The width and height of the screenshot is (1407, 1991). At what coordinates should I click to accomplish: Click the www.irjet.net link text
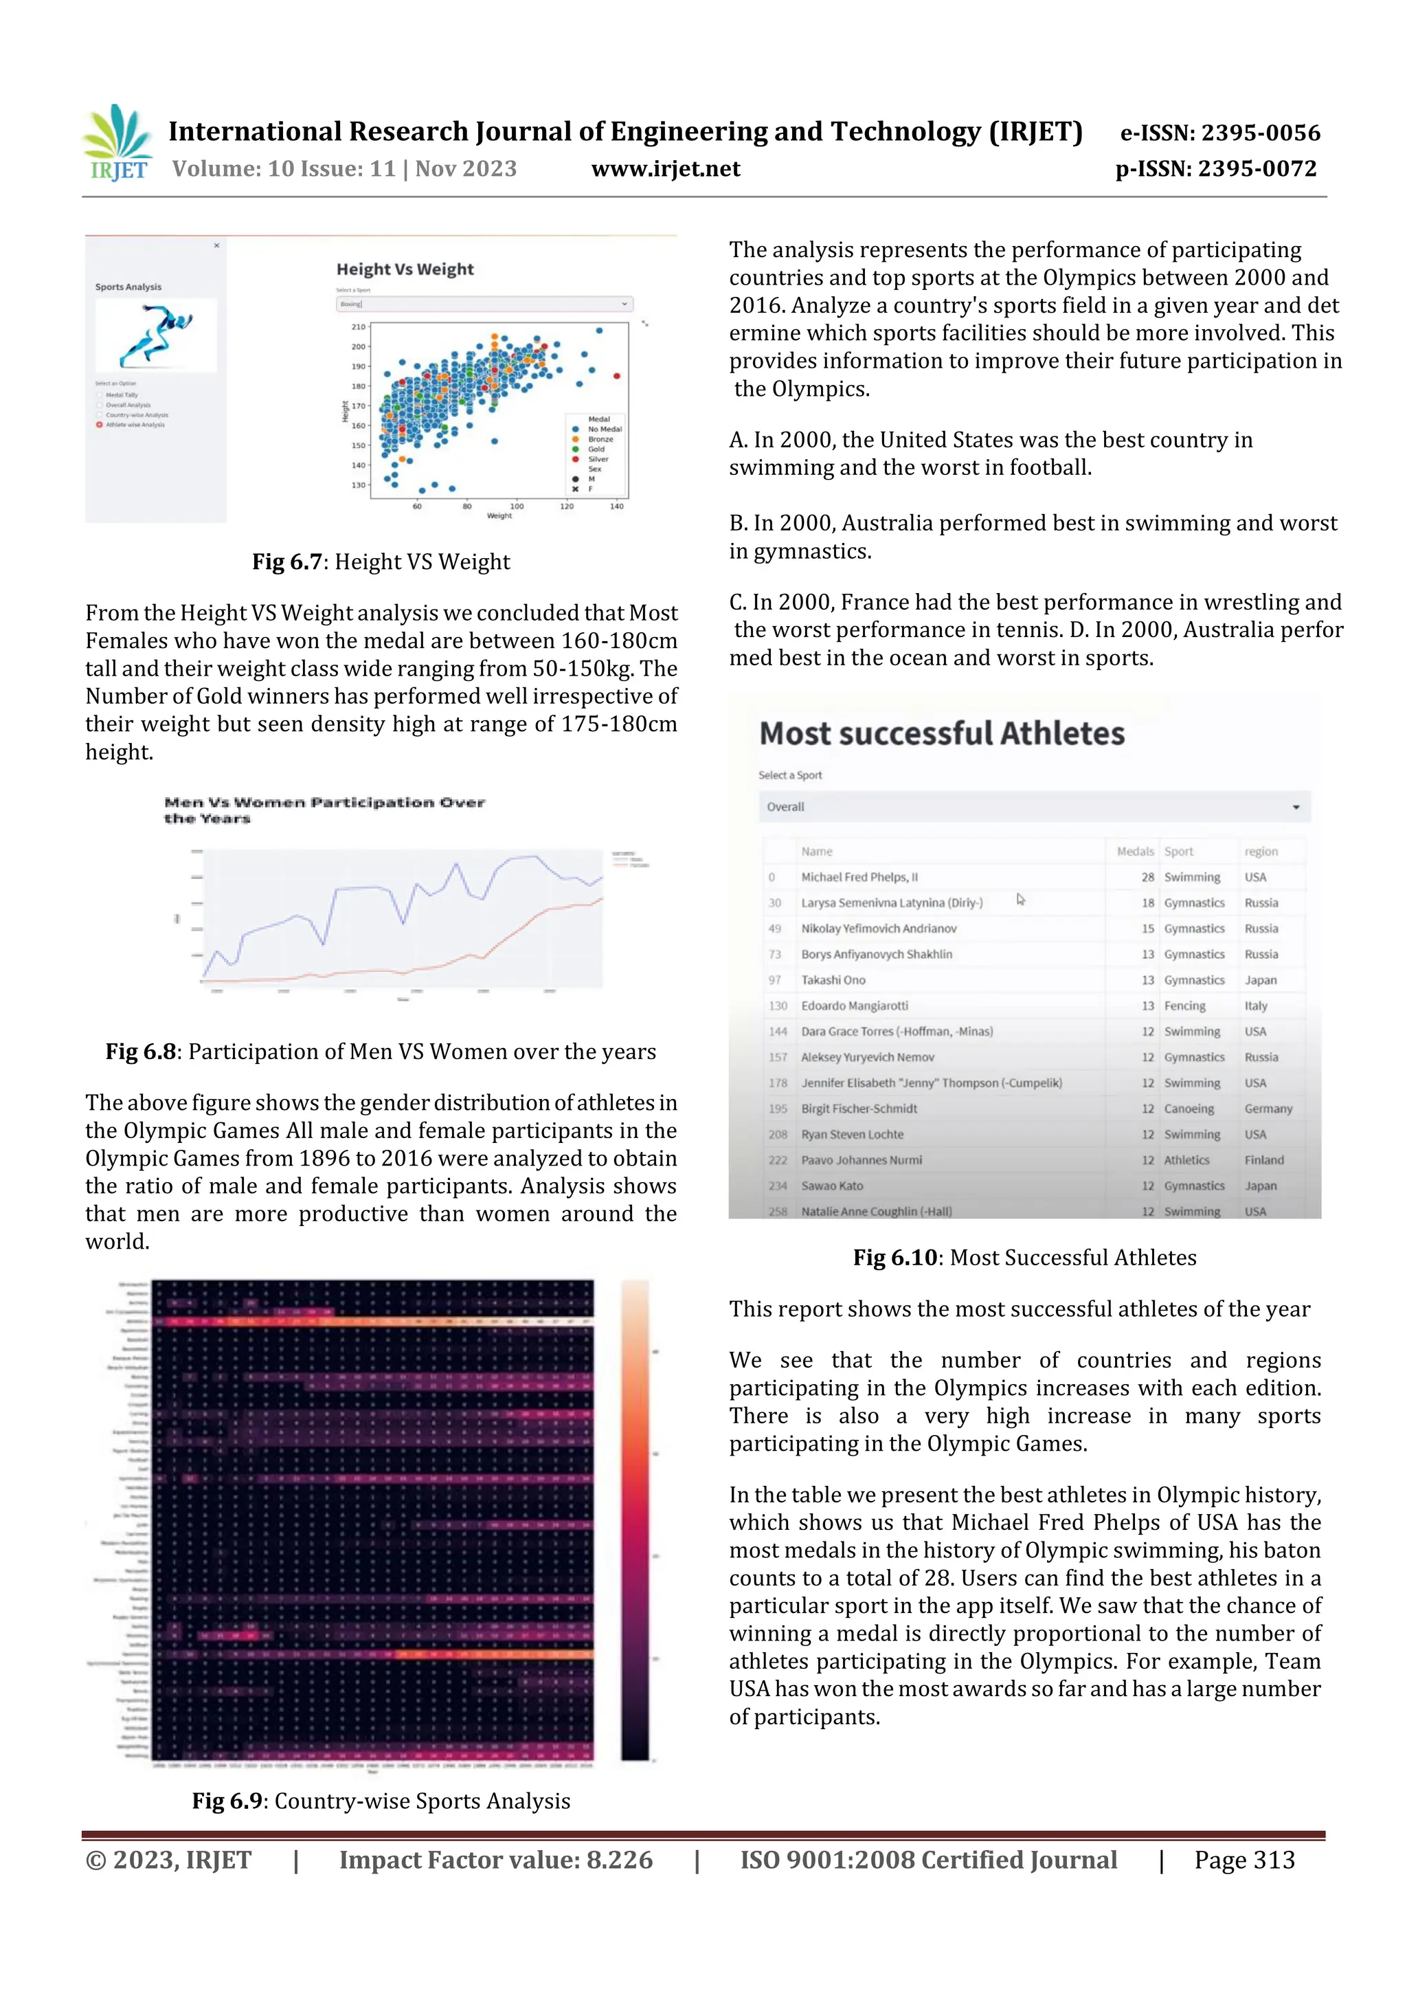tap(665, 169)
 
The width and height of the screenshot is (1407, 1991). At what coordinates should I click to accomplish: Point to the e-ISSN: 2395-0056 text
tap(1219, 133)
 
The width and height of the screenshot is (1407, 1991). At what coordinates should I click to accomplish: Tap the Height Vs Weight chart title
tap(405, 269)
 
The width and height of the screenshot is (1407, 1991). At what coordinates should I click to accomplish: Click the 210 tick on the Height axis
tap(358, 327)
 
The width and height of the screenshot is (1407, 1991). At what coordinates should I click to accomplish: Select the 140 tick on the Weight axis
tap(616, 507)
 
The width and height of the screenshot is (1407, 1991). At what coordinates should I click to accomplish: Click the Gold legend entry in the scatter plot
tap(596, 449)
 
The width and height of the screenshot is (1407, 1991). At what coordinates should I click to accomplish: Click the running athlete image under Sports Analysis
tap(156, 335)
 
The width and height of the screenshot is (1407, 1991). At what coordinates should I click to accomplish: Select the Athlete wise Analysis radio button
tap(100, 425)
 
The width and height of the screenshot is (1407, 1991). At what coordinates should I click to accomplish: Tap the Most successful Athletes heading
tap(941, 733)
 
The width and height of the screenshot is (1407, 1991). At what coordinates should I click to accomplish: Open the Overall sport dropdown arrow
tap(1295, 808)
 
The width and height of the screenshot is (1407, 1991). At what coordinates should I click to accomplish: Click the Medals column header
tap(1135, 852)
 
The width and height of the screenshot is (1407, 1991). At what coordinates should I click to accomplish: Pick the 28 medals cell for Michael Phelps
tap(1147, 878)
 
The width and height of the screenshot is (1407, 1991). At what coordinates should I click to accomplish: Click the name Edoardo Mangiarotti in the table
tap(854, 1006)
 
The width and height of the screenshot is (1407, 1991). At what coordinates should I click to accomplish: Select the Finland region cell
tap(1264, 1160)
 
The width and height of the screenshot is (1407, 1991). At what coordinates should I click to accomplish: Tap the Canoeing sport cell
tap(1189, 1109)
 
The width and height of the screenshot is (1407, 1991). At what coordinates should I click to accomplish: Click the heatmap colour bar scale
tap(635, 1520)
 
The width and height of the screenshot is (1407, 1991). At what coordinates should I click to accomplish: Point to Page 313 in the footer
tap(1244, 1860)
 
